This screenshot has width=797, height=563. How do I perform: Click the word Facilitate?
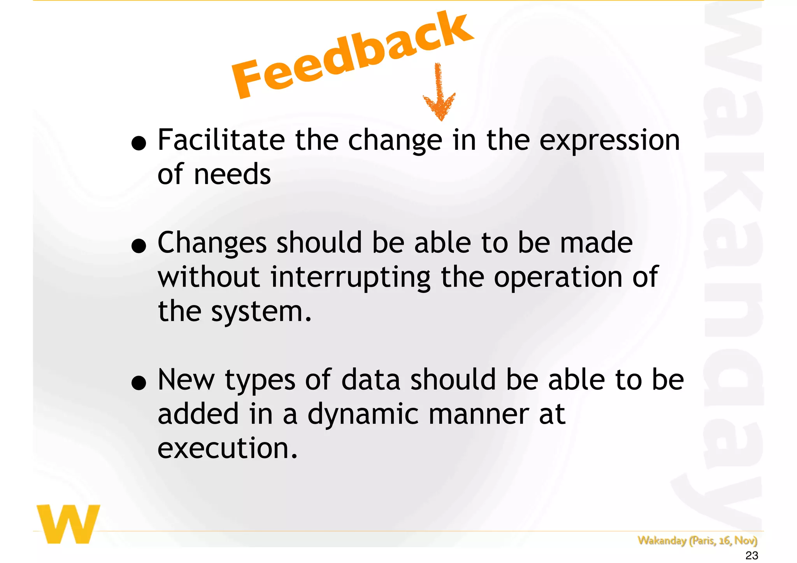[221, 140]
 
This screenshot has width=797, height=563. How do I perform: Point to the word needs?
[232, 175]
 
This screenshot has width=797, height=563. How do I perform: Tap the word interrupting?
[350, 278]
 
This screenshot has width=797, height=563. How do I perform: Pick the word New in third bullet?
[186, 380]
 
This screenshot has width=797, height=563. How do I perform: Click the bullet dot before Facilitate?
[139, 144]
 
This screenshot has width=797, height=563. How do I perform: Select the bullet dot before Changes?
[139, 247]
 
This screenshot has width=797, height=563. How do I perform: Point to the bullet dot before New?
[139, 384]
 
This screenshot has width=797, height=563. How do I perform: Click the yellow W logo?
[68, 524]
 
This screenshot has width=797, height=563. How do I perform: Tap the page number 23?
[751, 556]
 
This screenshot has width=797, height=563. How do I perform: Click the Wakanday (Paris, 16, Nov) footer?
[697, 540]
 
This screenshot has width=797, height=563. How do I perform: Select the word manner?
[479, 414]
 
